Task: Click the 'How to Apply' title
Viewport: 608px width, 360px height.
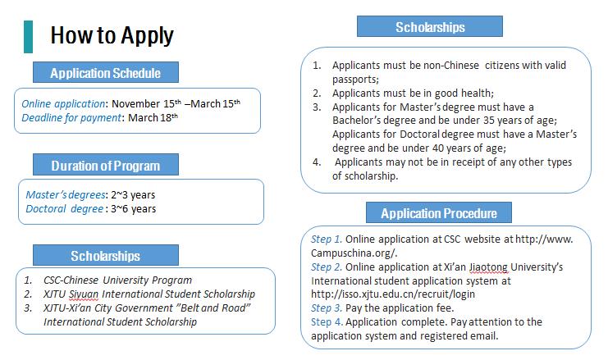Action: click(x=112, y=36)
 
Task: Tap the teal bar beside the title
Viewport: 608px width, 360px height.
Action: click(x=29, y=37)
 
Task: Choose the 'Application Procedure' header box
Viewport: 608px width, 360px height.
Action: click(x=438, y=213)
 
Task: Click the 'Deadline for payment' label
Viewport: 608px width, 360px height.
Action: click(x=71, y=118)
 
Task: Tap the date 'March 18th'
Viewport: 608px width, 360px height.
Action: click(x=155, y=118)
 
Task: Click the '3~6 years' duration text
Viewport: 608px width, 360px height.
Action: click(x=135, y=208)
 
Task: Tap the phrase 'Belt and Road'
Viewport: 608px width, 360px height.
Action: click(x=217, y=307)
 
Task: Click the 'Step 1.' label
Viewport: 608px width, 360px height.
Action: click(x=327, y=239)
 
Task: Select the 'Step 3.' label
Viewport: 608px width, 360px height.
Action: click(x=327, y=308)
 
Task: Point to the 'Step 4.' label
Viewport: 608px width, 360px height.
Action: click(x=327, y=321)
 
